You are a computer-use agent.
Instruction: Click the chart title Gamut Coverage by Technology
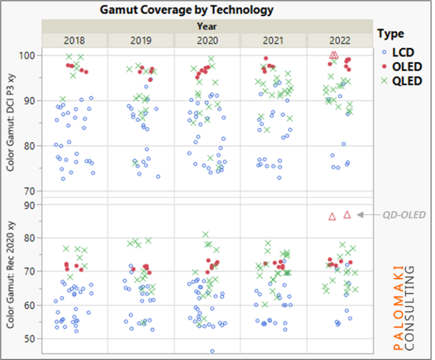[186, 10]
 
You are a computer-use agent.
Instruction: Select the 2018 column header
[75, 41]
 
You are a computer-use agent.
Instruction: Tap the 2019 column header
[141, 41]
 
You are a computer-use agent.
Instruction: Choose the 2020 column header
[207, 41]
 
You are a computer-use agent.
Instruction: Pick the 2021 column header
[274, 41]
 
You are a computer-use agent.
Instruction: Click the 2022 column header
[340, 41]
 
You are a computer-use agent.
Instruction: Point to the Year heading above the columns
[207, 26]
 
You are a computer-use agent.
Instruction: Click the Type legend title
[391, 34]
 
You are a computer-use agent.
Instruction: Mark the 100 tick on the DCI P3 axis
[29, 55]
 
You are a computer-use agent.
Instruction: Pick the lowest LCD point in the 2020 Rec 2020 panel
[212, 351]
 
